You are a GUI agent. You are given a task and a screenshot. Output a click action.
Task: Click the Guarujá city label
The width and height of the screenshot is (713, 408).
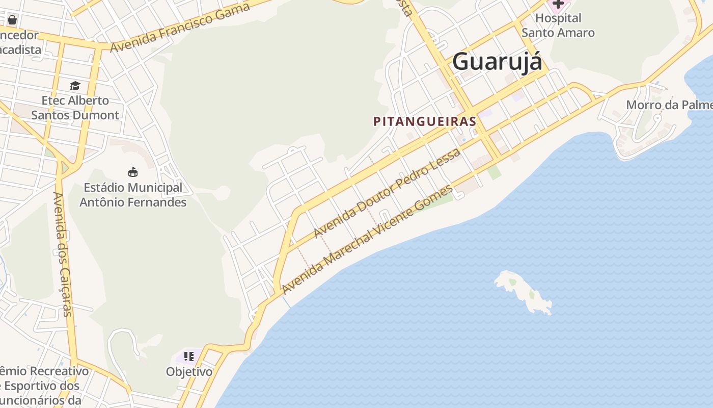click(497, 62)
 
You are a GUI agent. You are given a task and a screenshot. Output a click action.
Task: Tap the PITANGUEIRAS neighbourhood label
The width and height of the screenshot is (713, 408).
click(425, 121)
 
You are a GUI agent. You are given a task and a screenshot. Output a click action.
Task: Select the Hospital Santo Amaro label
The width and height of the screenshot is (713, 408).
click(558, 25)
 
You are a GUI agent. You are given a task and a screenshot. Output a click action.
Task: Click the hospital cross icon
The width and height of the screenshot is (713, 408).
click(558, 4)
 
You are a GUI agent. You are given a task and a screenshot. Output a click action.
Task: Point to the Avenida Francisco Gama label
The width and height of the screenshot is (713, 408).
click(180, 27)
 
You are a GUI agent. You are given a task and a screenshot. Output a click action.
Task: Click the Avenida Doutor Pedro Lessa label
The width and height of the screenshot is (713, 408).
click(387, 193)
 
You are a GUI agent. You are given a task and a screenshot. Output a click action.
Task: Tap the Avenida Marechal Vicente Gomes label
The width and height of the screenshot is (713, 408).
click(367, 240)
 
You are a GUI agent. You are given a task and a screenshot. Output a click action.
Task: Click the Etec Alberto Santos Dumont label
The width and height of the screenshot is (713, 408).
click(75, 108)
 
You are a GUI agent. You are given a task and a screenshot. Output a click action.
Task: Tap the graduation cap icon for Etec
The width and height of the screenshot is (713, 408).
click(75, 86)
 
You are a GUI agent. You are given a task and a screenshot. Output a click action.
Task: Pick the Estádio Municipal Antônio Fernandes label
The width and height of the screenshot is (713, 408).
click(133, 195)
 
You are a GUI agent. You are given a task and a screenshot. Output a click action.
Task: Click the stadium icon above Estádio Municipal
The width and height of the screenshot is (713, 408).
click(133, 172)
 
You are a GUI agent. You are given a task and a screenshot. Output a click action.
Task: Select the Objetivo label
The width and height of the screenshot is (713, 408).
click(189, 372)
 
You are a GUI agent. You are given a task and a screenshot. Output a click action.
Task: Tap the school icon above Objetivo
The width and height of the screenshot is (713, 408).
click(189, 356)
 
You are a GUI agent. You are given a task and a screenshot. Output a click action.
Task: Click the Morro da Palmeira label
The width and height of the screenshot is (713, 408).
click(669, 105)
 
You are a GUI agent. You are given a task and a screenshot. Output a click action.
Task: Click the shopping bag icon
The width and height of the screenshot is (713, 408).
click(12, 20)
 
